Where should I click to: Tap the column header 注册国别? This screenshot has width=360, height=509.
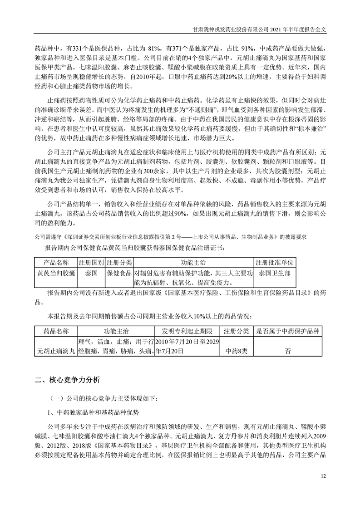pyautogui.click(x=91, y=263)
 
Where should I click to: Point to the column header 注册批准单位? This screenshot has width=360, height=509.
pyautogui.click(x=275, y=263)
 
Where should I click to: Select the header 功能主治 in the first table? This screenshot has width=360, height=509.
pyautogui.click(x=193, y=263)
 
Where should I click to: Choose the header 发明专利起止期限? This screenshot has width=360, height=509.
pyautogui.click(x=187, y=332)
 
